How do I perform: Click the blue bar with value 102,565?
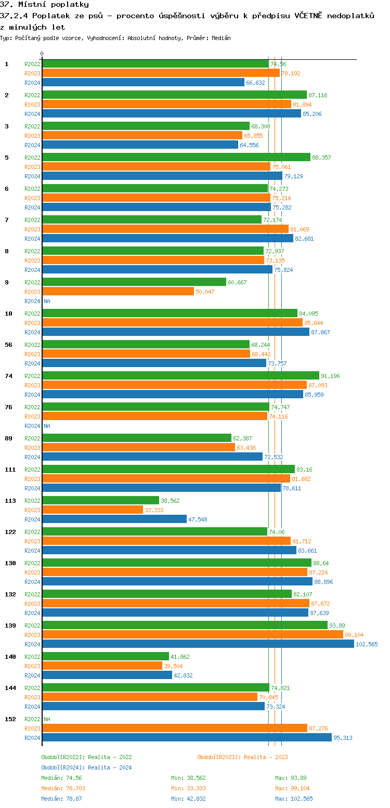(198, 644)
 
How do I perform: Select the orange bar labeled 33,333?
(93, 510)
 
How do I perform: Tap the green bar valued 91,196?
(180, 375)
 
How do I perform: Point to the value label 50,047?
(205, 292)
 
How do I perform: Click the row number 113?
(10, 501)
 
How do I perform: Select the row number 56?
(8, 345)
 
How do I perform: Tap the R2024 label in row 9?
(32, 301)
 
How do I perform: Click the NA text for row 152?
(47, 719)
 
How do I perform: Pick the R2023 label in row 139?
(32, 635)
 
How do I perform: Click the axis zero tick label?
(42, 54)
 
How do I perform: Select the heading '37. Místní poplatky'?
(44, 5)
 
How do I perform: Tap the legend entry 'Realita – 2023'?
(242, 757)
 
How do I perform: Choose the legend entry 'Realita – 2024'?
(86, 767)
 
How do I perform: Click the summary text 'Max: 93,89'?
(291, 778)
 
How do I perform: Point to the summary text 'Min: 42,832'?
(188, 799)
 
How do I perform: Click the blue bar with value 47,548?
(114, 519)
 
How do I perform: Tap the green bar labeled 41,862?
(105, 656)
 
